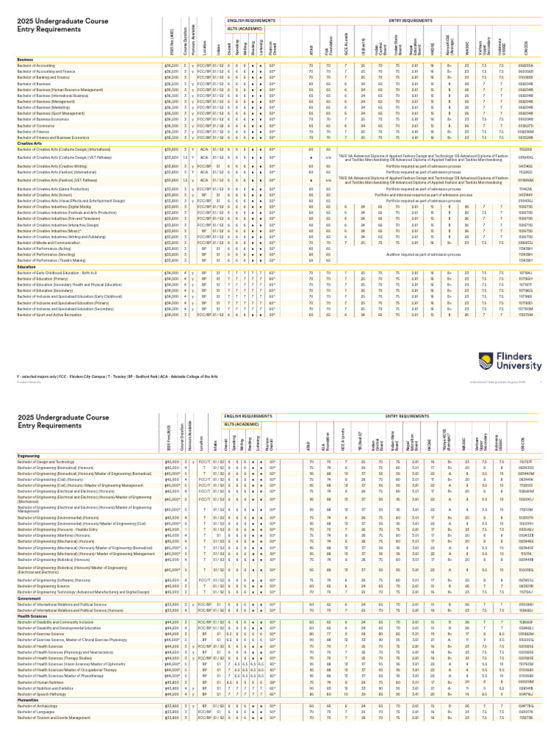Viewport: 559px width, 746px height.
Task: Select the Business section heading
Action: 25,60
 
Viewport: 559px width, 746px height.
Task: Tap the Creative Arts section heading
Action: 28,144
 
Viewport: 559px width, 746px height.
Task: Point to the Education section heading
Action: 27,267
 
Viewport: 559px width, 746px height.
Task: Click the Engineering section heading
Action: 28,455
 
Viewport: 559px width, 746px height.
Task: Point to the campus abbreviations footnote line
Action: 116,375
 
